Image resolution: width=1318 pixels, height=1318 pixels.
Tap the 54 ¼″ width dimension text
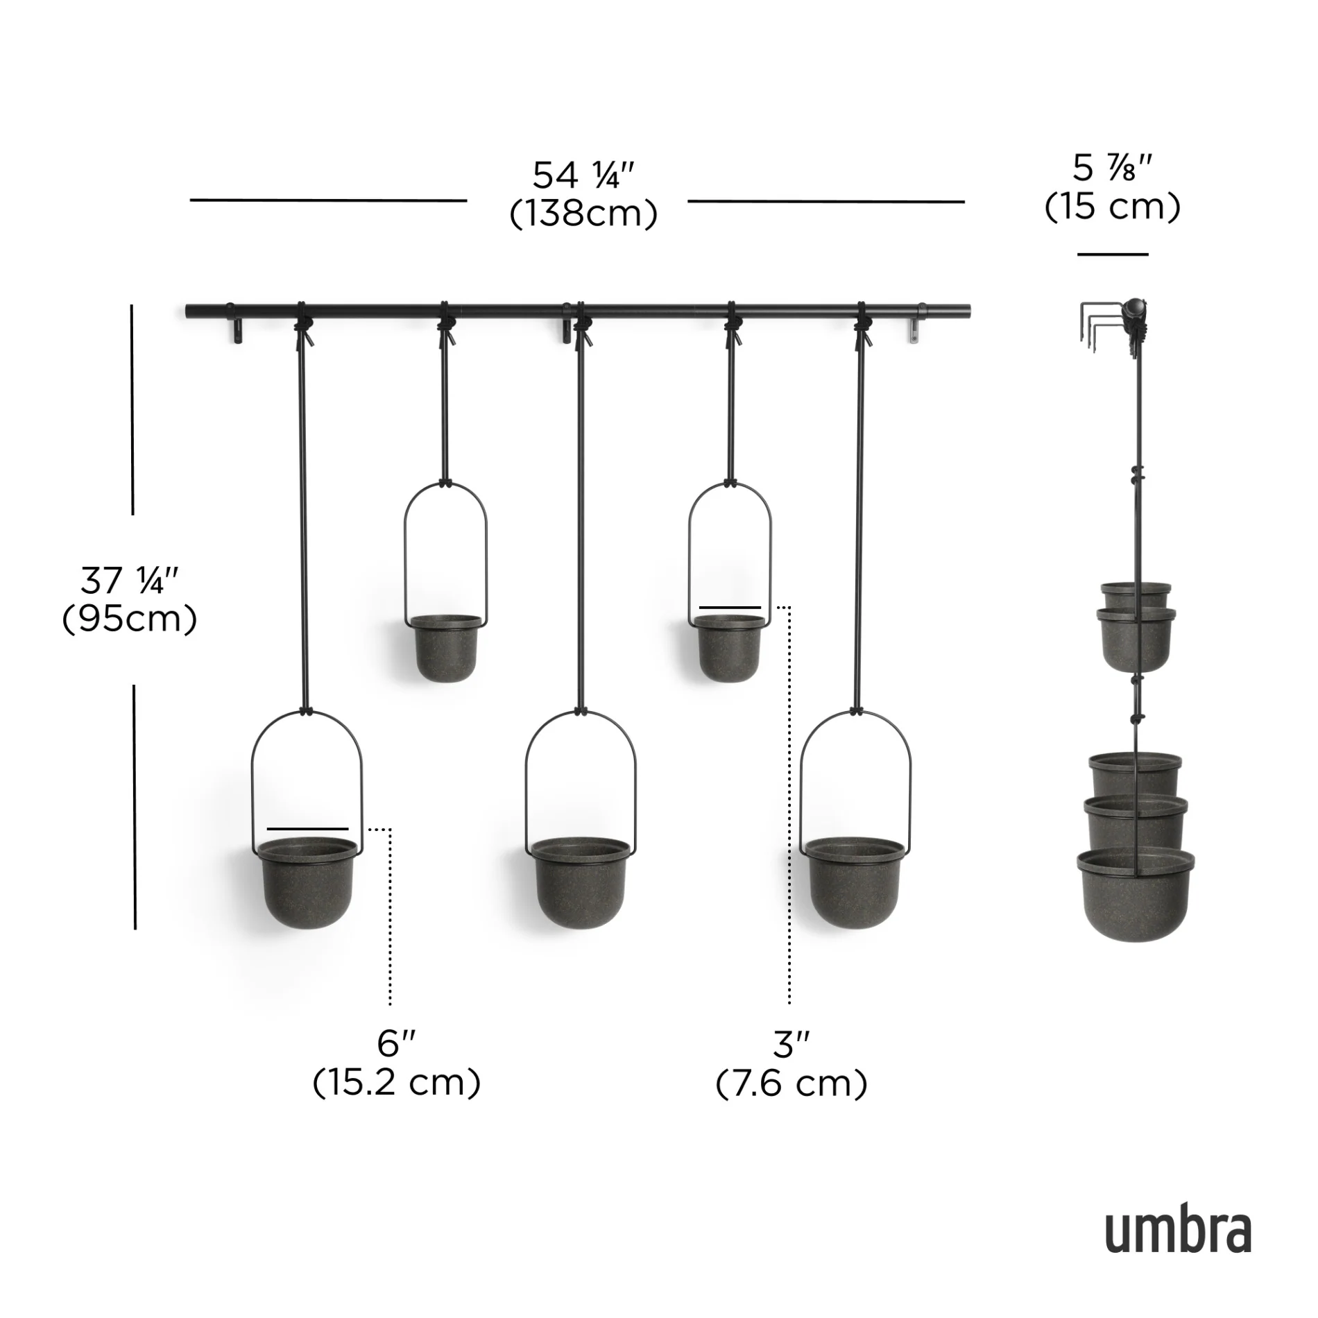tap(583, 176)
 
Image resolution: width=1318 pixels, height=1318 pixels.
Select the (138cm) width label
tap(583, 214)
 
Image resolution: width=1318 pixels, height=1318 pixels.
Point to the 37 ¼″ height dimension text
tap(130, 580)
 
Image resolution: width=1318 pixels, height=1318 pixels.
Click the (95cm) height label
tap(130, 619)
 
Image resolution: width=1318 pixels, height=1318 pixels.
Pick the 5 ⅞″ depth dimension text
tap(1113, 169)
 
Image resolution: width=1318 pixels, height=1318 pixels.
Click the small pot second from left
tap(445, 649)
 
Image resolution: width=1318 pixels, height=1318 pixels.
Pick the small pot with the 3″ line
tap(729, 649)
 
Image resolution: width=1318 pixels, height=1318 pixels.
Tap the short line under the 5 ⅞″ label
tap(1113, 255)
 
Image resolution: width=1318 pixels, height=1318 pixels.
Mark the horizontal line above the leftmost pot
tap(308, 829)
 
